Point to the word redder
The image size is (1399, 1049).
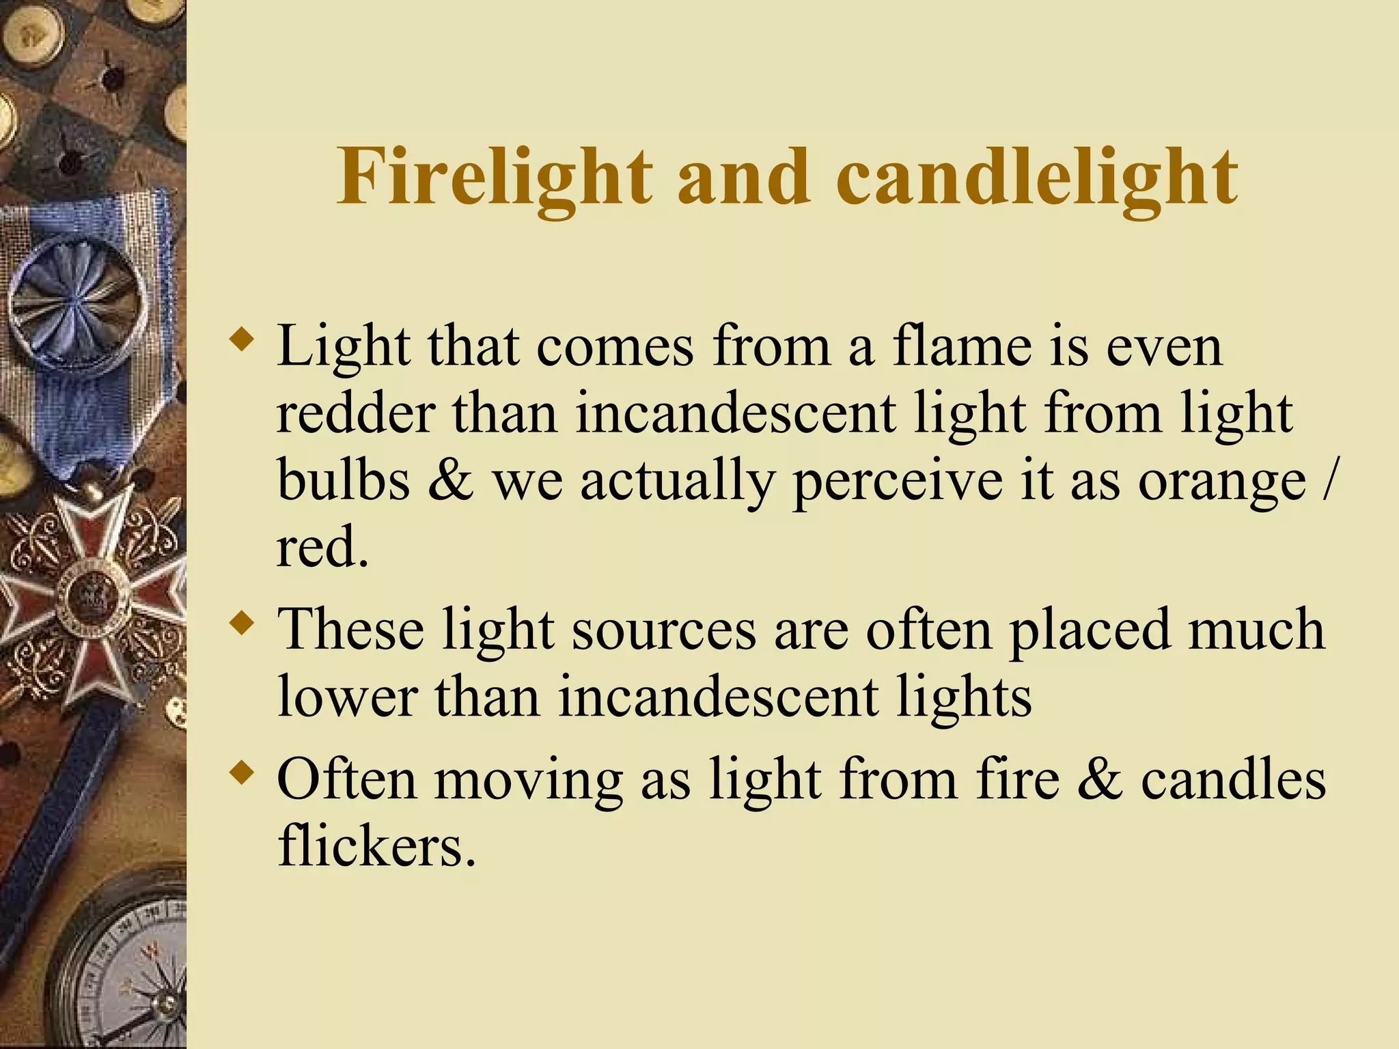[x=356, y=414]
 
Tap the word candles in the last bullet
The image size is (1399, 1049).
[x=1233, y=779]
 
